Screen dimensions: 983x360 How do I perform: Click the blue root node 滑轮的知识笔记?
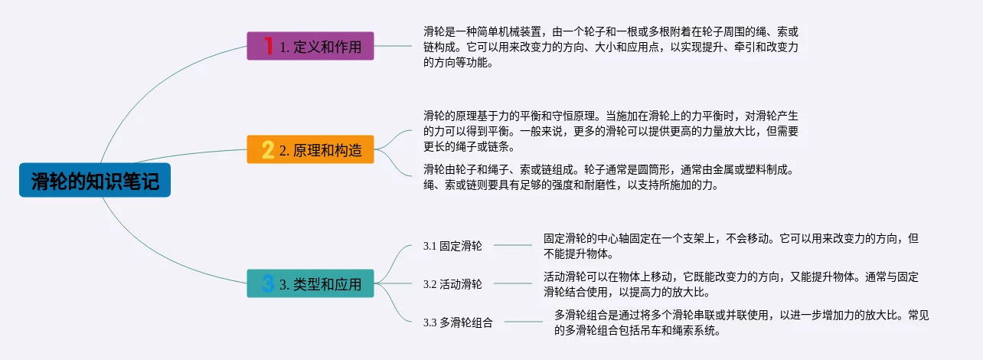[x=95, y=180]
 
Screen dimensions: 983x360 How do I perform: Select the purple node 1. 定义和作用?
[x=310, y=46]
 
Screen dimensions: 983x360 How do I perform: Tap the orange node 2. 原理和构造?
[x=310, y=149]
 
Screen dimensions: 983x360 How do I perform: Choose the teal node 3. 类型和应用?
[x=310, y=283]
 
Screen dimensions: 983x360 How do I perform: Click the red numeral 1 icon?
[x=268, y=46]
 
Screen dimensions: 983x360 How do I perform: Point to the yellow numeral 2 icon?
[x=268, y=149]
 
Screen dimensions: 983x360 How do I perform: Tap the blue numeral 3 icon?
[x=268, y=283]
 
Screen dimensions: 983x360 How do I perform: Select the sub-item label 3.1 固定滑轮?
[x=452, y=246]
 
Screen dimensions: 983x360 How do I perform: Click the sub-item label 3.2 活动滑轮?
[x=452, y=284]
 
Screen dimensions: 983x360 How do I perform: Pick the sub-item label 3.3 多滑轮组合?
[x=458, y=322]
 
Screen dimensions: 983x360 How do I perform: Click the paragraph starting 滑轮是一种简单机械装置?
[x=610, y=47]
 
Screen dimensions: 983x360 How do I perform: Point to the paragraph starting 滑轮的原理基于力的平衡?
[x=610, y=131]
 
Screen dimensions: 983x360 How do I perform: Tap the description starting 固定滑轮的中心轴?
[x=730, y=246]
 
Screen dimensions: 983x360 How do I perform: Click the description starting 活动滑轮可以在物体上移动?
[x=730, y=284]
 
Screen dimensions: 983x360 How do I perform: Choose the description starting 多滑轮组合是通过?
[x=741, y=322]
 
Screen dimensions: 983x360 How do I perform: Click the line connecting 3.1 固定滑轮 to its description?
[x=513, y=245]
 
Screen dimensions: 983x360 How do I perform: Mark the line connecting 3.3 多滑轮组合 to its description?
[x=524, y=322]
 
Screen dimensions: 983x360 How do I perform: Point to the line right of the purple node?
[x=393, y=46]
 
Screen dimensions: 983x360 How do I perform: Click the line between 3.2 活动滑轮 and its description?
[x=513, y=283]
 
